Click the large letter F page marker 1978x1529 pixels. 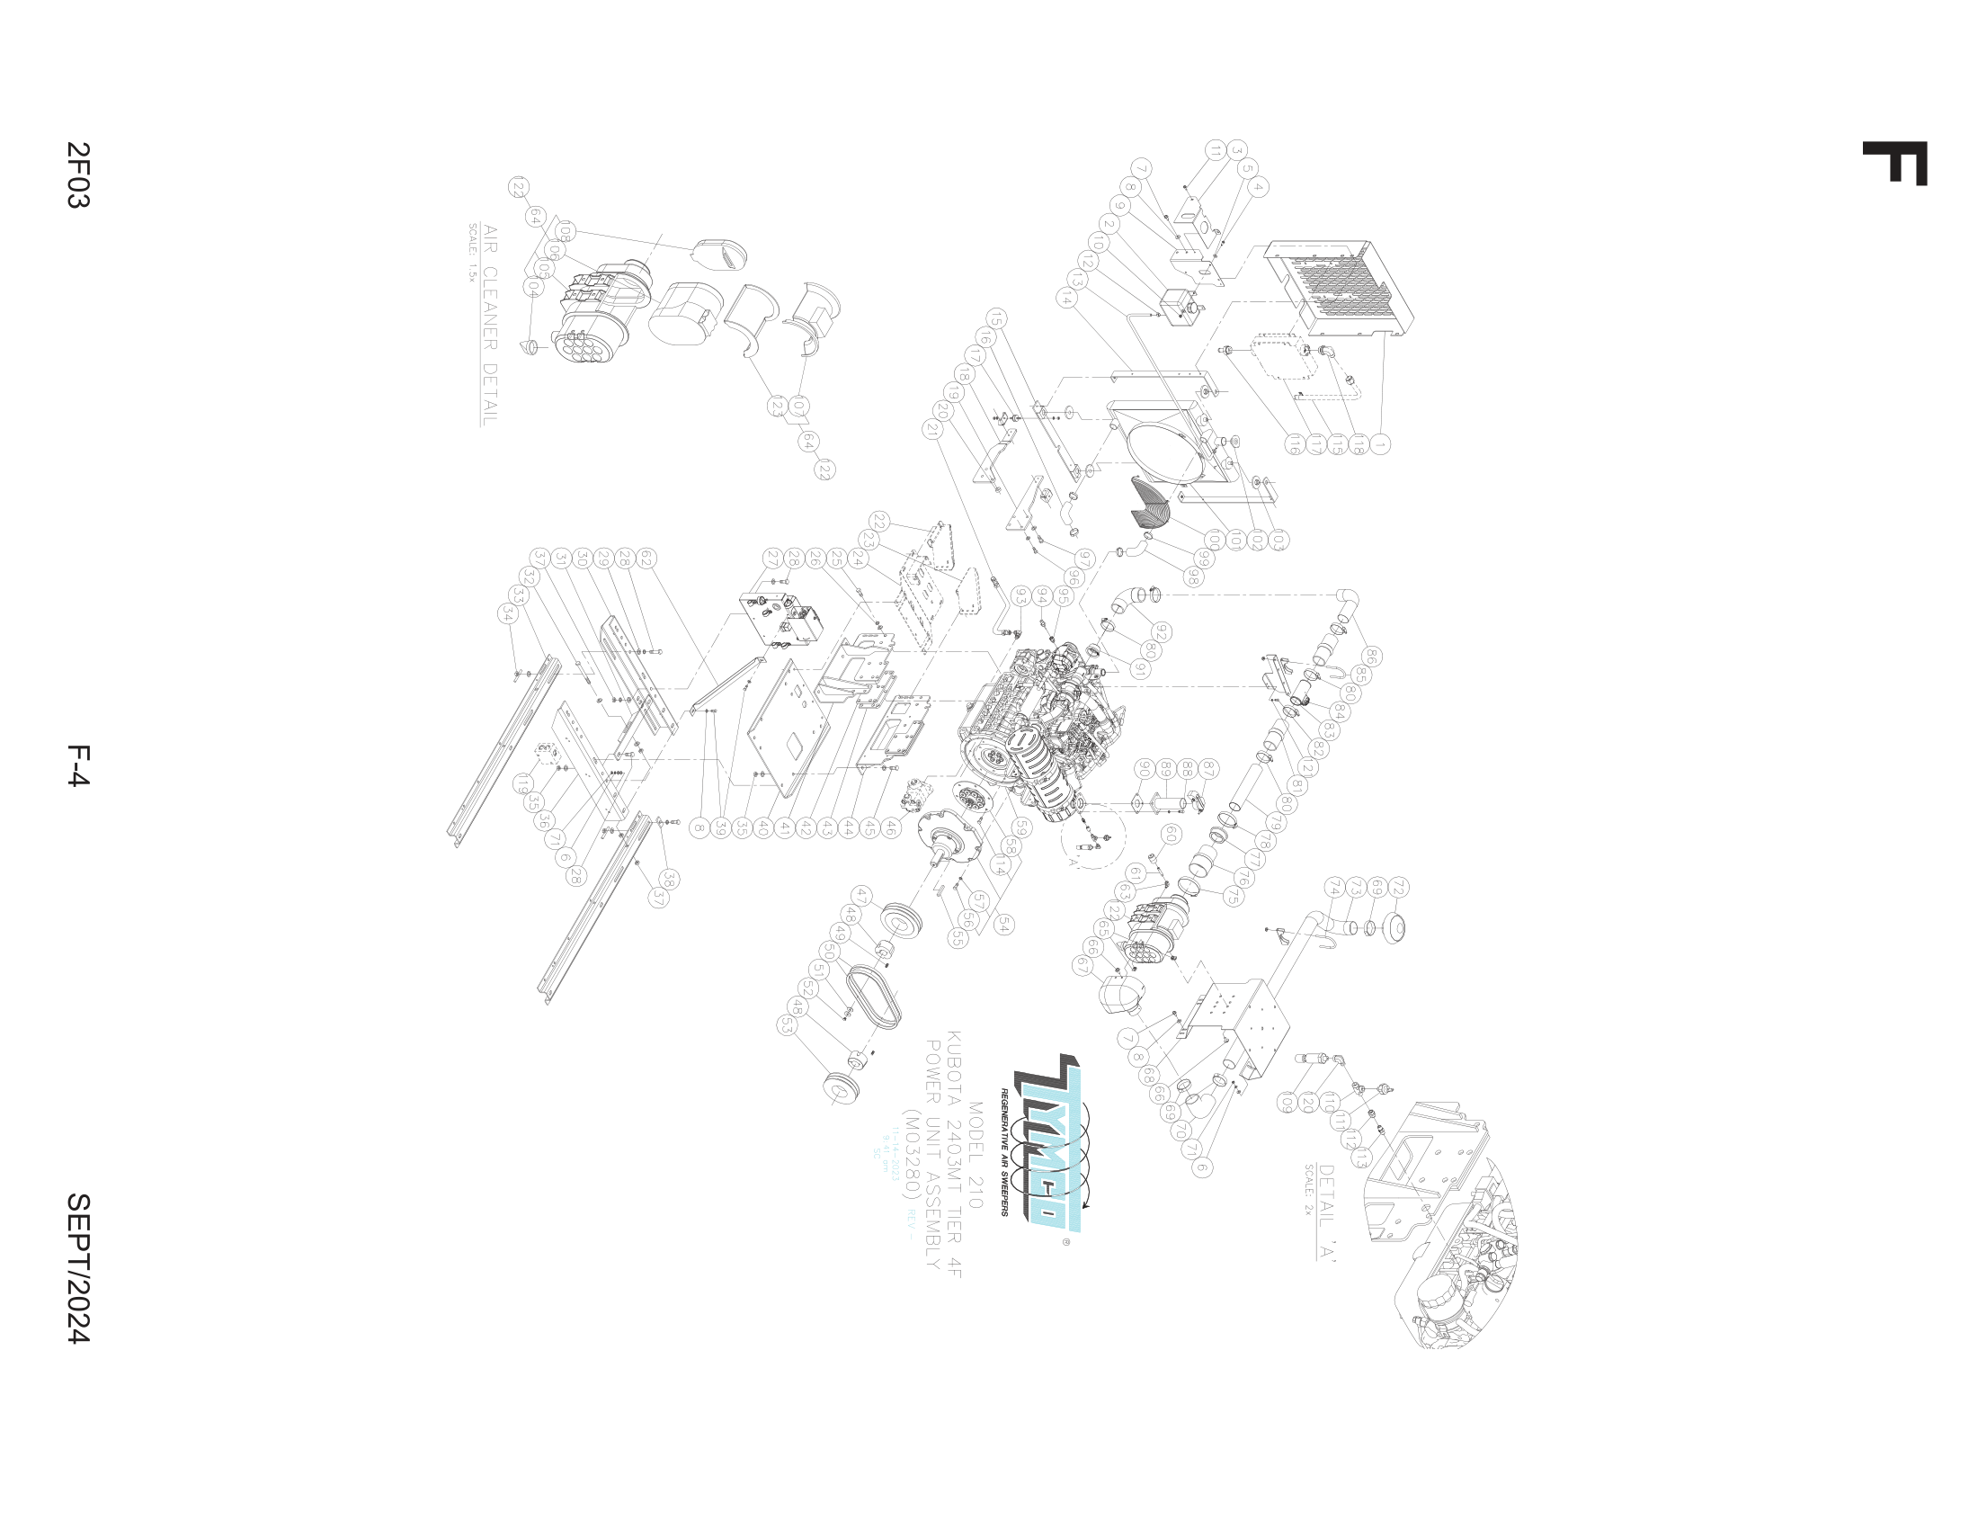1893,163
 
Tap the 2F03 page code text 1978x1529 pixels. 79,174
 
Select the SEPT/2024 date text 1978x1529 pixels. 79,1267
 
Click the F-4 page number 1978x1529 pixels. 79,765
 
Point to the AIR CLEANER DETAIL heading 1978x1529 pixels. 489,325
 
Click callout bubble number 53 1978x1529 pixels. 787,1025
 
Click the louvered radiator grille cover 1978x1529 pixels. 1341,288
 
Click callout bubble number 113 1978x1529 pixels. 1361,1159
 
